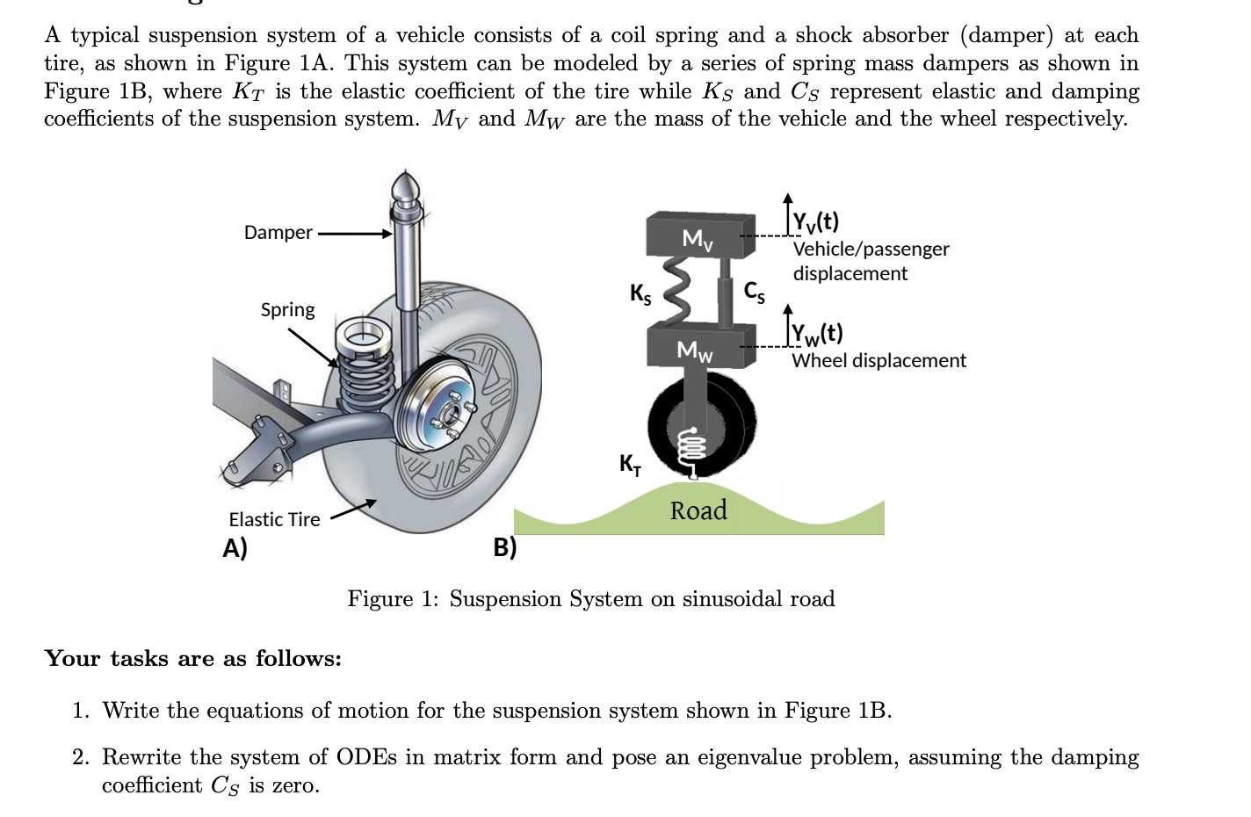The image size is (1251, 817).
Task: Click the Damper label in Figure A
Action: pos(278,233)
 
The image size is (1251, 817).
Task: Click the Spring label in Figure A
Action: pos(287,310)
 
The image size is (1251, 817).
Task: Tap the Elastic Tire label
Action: pos(274,520)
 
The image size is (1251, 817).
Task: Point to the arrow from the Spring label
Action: pos(313,348)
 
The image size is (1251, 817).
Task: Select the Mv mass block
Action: pos(700,236)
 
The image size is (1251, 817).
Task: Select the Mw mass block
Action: pos(700,347)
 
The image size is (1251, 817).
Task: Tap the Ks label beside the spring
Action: pos(640,293)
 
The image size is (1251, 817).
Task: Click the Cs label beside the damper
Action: pos(754,291)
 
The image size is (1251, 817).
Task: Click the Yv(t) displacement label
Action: pos(815,221)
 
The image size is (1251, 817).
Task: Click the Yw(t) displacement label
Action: pos(817,334)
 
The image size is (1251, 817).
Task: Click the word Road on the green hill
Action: pos(698,510)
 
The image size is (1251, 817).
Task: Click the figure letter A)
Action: pos(235,548)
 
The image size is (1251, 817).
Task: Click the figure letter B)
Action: pos(504,547)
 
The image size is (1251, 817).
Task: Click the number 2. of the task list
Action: pos(81,757)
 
